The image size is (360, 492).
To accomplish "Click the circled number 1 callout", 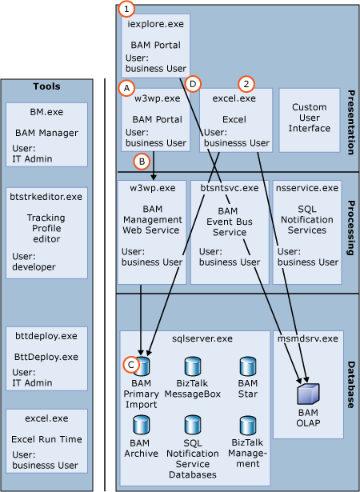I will point(126,10).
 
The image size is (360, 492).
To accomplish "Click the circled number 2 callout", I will point(247,83).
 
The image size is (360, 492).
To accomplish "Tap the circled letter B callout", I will point(142,160).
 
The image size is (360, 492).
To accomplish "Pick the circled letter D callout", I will point(192,83).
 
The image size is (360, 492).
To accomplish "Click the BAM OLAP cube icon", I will point(308,394).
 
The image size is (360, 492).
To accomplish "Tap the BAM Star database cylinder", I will point(247,366).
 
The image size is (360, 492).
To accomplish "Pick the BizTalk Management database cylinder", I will point(247,424).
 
